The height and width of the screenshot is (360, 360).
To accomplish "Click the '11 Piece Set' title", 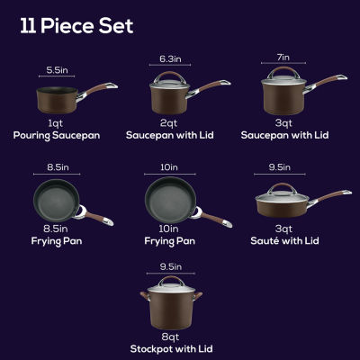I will point(76,25).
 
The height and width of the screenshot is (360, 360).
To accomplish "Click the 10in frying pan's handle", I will point(210,216).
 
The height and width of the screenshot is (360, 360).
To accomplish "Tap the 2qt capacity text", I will point(170,122).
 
